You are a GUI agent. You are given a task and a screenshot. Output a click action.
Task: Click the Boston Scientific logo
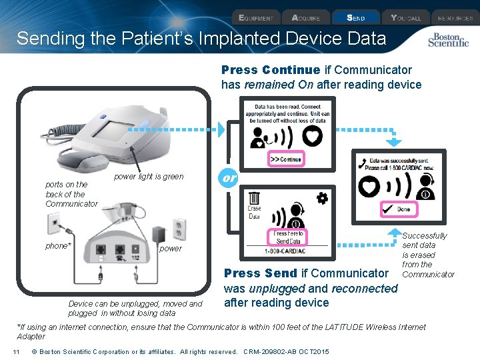tap(448, 40)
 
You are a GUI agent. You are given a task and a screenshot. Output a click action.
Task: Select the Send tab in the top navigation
tap(355, 18)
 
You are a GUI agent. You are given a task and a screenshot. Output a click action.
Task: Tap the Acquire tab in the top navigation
tap(306, 18)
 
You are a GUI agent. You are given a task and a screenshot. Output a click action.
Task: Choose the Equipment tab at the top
tap(255, 18)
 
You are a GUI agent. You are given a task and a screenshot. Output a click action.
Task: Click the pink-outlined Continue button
tap(285, 159)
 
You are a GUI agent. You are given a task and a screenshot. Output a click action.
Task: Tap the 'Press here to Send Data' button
tap(289, 237)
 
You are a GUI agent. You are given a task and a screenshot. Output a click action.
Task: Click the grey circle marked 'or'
tap(229, 178)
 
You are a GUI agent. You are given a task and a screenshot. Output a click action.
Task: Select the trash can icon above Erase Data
tap(254, 198)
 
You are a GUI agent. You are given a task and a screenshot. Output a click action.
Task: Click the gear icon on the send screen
tap(322, 198)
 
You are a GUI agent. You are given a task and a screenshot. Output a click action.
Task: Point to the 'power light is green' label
tap(149, 177)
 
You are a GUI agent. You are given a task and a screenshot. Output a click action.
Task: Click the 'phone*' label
tap(57, 246)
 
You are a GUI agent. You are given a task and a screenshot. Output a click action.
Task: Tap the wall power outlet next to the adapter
tap(178, 229)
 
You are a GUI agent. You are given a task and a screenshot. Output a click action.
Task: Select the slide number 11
tap(15, 351)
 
